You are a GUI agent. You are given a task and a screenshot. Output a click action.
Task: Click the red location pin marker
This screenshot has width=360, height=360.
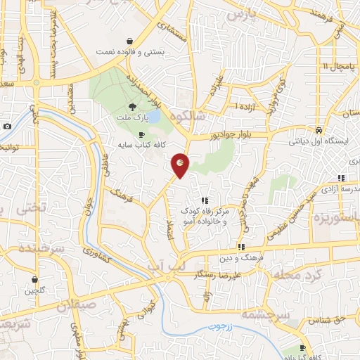click(x=181, y=165)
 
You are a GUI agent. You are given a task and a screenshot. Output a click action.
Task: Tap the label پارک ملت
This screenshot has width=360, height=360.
click(x=133, y=120)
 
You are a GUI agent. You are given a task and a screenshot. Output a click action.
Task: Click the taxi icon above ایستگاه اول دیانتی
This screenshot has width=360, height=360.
click(x=319, y=130)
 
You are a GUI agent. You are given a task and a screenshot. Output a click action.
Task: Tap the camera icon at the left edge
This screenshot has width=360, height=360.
click(x=6, y=126)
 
